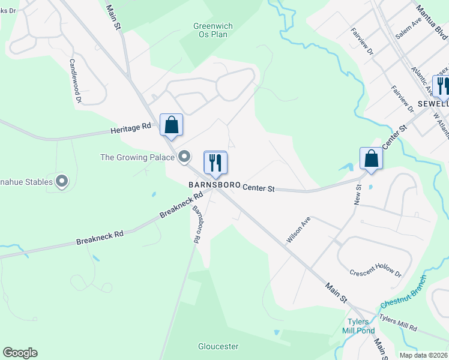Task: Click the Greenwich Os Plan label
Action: click(213, 30)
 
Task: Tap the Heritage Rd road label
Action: click(130, 128)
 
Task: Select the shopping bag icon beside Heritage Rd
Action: click(172, 125)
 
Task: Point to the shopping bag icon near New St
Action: click(372, 159)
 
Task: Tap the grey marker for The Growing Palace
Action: click(185, 157)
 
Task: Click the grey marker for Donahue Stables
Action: click(62, 181)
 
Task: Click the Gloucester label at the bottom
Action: click(218, 346)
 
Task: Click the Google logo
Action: click(20, 353)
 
